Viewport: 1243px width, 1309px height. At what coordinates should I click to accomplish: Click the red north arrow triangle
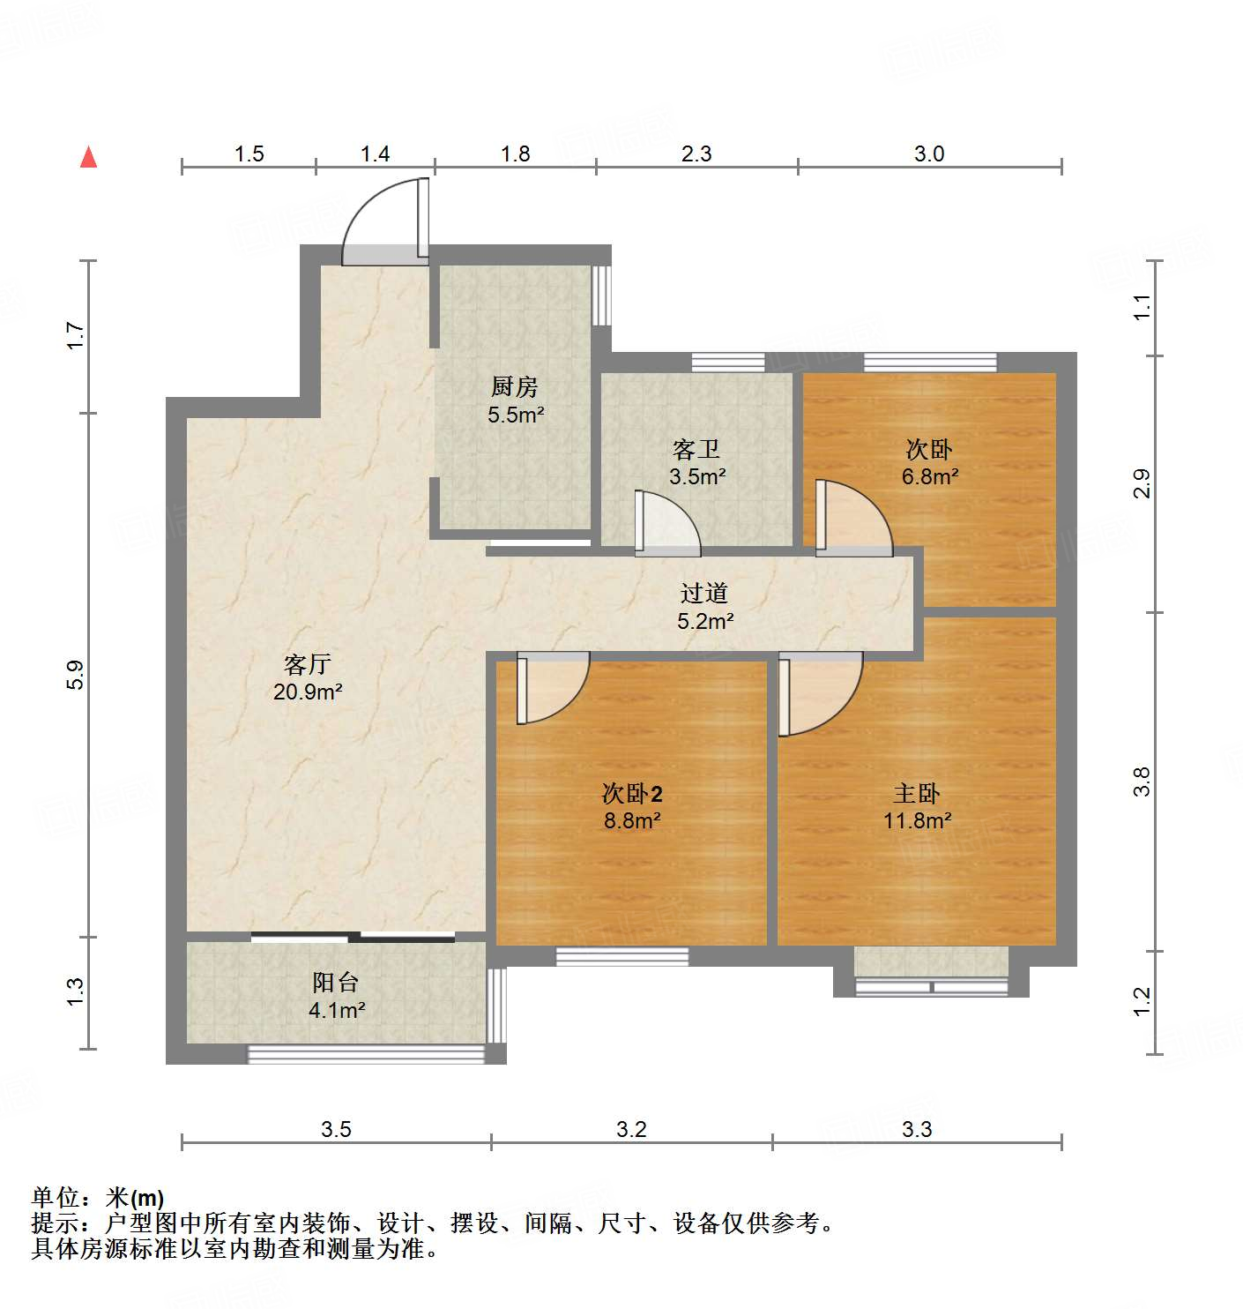pyautogui.click(x=88, y=157)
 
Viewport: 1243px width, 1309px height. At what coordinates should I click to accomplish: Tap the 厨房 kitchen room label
pyautogui.click(x=514, y=386)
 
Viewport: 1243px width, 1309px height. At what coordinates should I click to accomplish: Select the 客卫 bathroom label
pyautogui.click(x=696, y=449)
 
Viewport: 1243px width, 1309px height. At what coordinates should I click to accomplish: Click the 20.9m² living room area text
pyautogui.click(x=308, y=692)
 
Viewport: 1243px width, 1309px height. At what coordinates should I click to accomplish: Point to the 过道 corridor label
pyautogui.click(x=703, y=593)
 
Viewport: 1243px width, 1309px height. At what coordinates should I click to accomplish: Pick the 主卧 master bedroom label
pyautogui.click(x=917, y=793)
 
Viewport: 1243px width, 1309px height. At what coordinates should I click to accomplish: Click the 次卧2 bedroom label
pyautogui.click(x=631, y=793)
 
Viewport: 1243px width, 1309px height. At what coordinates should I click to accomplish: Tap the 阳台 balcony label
pyautogui.click(x=335, y=983)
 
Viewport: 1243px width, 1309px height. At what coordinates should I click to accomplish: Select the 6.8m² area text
pyautogui.click(x=929, y=477)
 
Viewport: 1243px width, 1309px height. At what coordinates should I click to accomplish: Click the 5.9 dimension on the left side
pyautogui.click(x=76, y=675)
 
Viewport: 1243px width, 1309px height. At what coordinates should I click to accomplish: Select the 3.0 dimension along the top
pyautogui.click(x=929, y=154)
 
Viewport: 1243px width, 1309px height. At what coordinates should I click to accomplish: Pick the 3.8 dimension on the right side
pyautogui.click(x=1142, y=782)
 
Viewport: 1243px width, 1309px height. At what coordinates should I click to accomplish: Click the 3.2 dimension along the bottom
pyautogui.click(x=631, y=1129)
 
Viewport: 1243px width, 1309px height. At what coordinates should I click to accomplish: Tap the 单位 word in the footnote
pyautogui.click(x=56, y=1197)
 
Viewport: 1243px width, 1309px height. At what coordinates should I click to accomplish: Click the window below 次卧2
pyautogui.click(x=621, y=956)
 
